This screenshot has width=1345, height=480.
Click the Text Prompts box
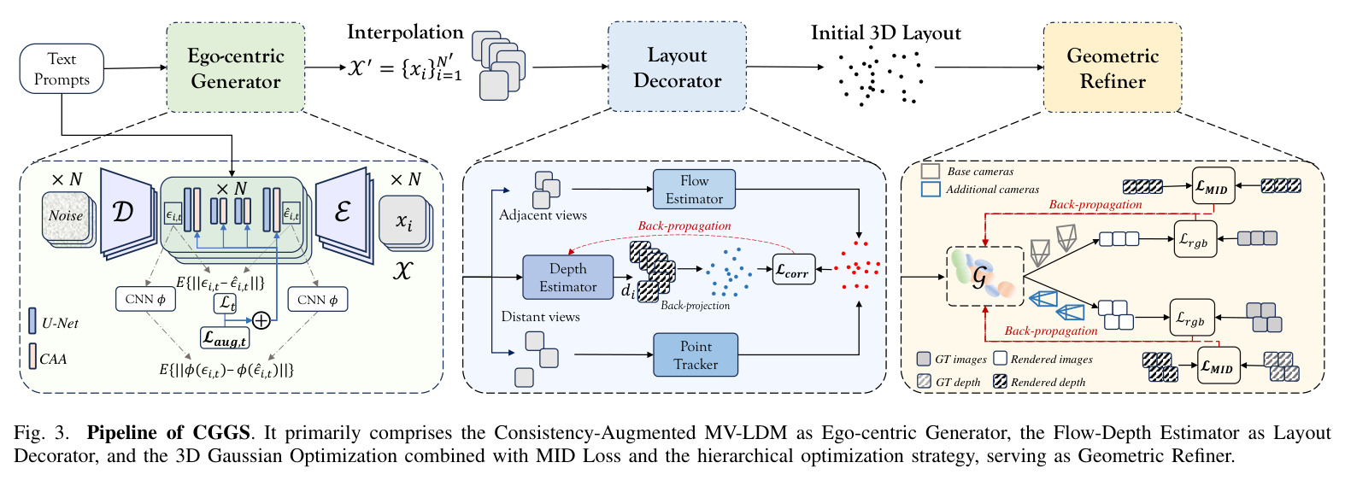[62, 68]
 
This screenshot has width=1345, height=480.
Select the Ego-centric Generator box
[235, 67]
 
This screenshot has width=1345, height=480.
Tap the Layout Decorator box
[678, 67]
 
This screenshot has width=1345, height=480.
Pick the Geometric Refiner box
[1113, 67]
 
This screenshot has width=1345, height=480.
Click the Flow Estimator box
[694, 189]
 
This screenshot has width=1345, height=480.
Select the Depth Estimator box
[568, 278]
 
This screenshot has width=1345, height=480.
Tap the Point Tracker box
[696, 354]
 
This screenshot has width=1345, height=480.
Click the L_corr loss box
[793, 269]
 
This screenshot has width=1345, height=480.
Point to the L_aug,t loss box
[225, 338]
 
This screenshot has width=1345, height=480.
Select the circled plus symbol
[261, 320]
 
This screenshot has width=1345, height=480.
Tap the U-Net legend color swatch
[32, 321]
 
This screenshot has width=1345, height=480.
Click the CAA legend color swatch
[32, 356]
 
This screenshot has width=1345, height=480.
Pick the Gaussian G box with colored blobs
[984, 277]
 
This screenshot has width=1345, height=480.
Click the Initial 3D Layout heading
[885, 32]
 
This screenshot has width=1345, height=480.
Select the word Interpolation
[405, 32]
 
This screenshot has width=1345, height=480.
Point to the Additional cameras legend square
[930, 189]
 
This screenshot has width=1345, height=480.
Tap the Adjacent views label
[543, 214]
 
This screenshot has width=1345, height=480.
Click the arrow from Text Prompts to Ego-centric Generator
[135, 67]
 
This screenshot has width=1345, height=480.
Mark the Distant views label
[540, 317]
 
